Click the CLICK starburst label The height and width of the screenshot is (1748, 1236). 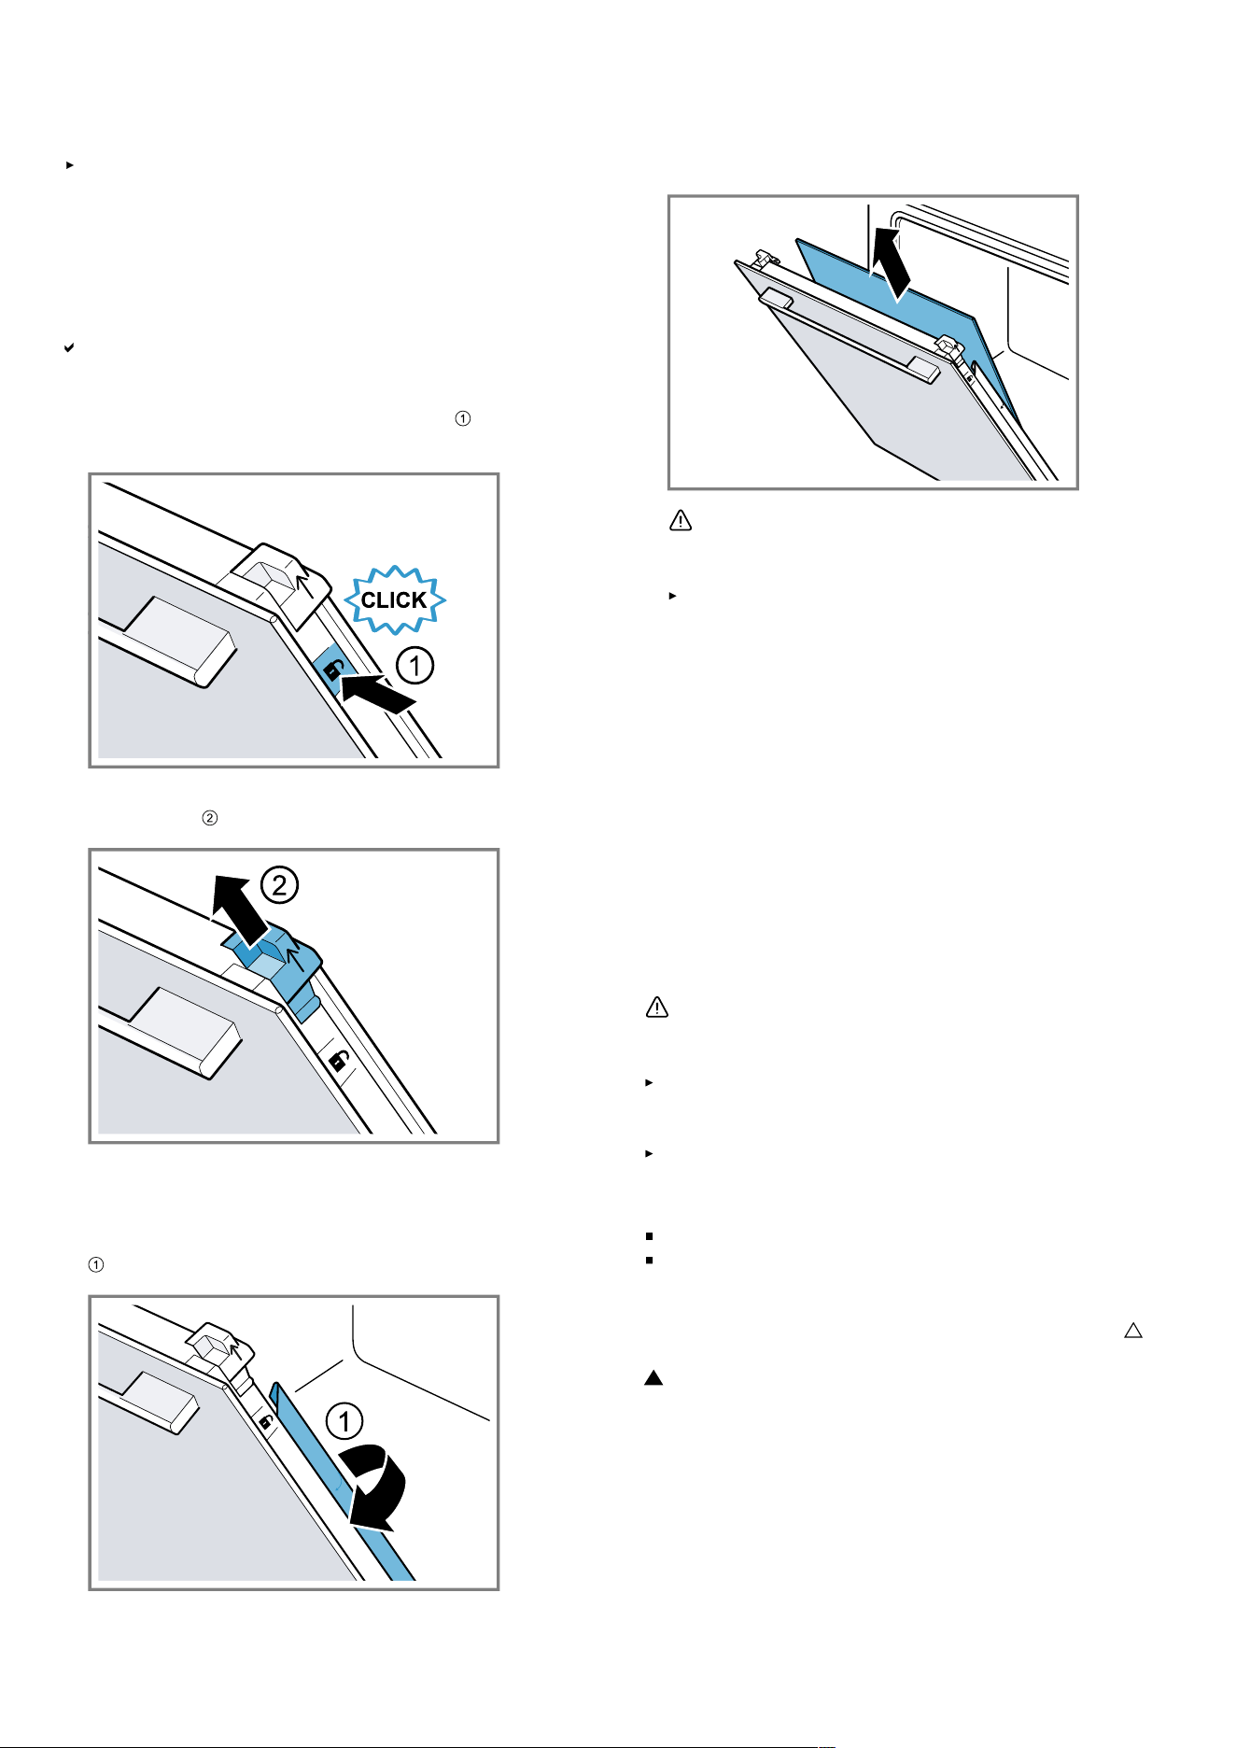pos(395,599)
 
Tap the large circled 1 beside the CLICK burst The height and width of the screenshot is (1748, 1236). pos(414,666)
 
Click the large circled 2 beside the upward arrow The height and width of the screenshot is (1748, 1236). pos(279,884)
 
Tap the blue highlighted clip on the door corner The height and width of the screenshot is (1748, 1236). pos(276,966)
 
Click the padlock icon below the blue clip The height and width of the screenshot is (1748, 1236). pos(340,1062)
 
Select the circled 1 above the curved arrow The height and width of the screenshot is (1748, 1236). pos(344,1421)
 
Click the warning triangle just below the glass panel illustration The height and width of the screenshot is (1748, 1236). pos(681,521)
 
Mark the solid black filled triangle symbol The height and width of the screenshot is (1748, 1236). pos(653,1377)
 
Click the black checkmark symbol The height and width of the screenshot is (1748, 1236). pos(68,347)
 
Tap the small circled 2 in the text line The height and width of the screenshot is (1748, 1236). pos(210,818)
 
